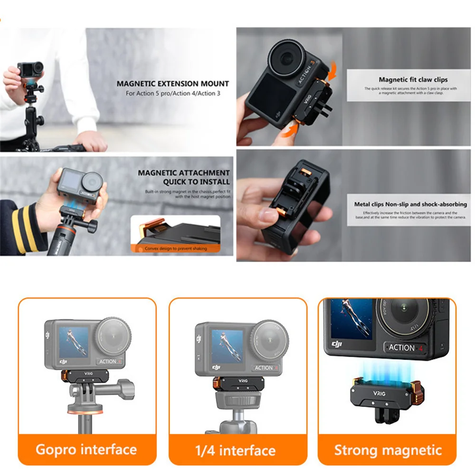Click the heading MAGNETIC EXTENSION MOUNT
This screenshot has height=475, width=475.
173,84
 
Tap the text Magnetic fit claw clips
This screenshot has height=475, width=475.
413,80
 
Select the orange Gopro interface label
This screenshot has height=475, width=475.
86,449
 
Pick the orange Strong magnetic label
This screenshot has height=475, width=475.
388,450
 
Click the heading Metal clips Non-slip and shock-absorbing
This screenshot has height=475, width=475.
410,204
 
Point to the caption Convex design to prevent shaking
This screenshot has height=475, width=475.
176,248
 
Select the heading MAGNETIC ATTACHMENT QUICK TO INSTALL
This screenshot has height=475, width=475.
184,177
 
